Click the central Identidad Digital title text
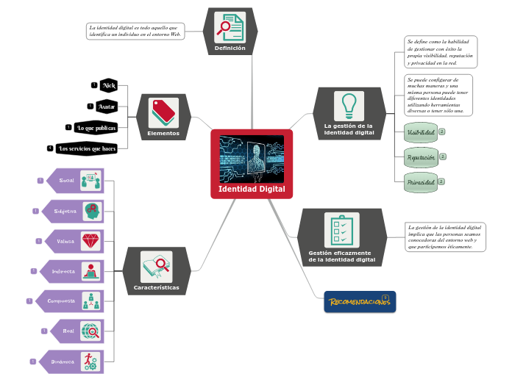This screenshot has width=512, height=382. pos(252,190)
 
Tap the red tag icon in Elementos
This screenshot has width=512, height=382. pos(163,113)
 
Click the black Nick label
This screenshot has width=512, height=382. pos(110,86)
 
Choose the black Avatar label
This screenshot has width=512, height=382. pos(107,107)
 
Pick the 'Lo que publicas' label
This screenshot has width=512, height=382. pos(96,128)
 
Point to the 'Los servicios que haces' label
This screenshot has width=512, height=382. pos(87,148)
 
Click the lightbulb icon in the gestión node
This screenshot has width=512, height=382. pos(349,105)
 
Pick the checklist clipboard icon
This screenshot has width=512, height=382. pos(341,230)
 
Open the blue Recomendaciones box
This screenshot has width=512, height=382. pos(360,302)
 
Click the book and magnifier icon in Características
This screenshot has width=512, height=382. pos(156,266)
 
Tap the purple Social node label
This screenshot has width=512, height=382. pos(66,180)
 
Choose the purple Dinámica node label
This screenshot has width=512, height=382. pos(63,361)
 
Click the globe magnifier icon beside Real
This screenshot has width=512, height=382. pos(91,331)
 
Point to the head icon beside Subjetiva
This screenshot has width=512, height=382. pos(91,210)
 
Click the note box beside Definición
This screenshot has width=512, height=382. pos(135,31)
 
